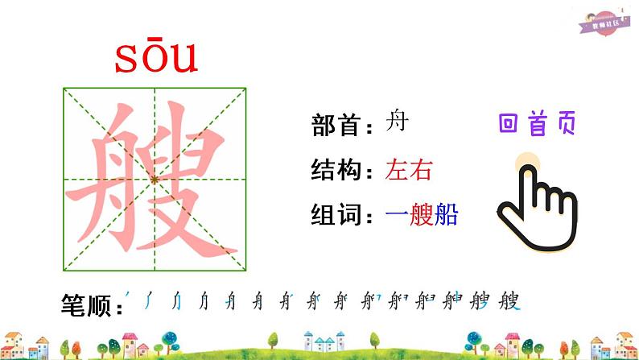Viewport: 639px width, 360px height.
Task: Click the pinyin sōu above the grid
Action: [156, 58]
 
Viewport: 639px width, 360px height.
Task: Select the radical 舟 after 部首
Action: [397, 122]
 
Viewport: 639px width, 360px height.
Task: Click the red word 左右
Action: [409, 170]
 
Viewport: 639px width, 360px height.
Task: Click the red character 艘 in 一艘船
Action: [422, 214]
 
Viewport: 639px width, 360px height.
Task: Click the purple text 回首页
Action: [537, 123]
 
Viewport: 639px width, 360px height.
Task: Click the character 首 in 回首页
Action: [537, 123]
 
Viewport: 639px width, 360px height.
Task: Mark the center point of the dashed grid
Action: [155, 180]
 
